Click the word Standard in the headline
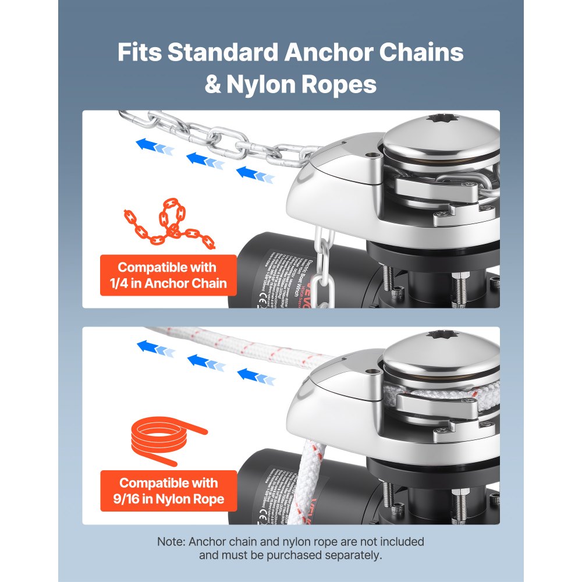pos(222,52)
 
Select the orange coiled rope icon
pos(164,439)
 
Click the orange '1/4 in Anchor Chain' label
pos(168,275)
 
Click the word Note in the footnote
pos(171,541)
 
